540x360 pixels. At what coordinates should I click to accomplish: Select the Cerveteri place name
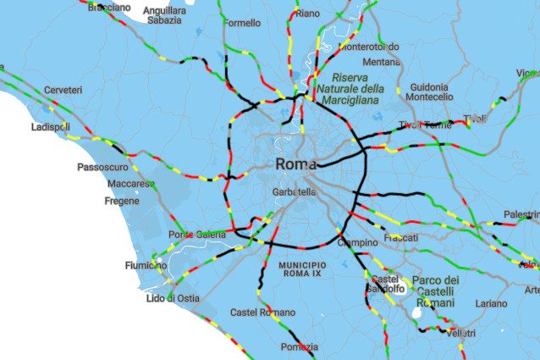point(63,90)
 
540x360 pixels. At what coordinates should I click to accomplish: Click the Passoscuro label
point(102,167)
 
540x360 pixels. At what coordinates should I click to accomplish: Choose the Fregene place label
point(121,201)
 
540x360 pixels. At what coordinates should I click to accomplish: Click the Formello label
point(242,23)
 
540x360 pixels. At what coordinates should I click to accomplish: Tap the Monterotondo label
point(368,47)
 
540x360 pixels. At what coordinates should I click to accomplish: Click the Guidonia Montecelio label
point(430,92)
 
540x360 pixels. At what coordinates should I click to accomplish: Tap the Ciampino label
point(357,243)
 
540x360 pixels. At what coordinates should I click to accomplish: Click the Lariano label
point(491,302)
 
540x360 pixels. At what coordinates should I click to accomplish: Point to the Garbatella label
point(294,192)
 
